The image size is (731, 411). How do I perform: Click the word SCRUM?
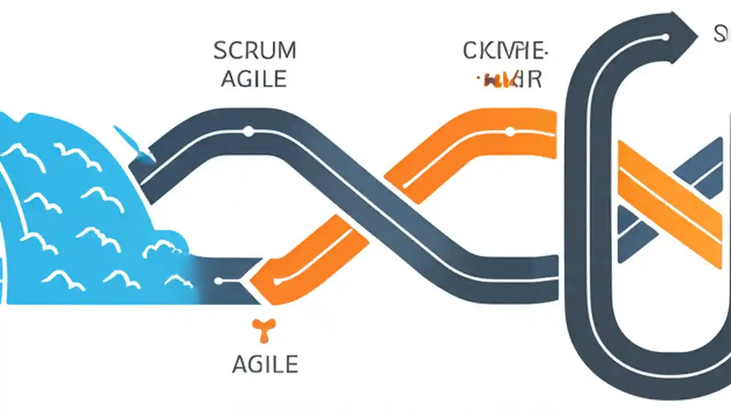click(255, 51)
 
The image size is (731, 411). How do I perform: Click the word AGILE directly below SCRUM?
click(254, 79)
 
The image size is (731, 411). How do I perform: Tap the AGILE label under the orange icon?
click(265, 364)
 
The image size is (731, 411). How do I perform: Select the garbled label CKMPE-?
click(504, 51)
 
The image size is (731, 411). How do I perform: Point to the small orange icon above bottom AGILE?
click(264, 331)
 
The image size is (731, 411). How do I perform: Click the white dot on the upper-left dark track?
click(248, 132)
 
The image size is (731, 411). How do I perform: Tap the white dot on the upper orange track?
click(510, 132)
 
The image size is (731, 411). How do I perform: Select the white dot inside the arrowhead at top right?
click(664, 37)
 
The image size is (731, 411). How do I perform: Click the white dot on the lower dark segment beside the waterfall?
click(218, 281)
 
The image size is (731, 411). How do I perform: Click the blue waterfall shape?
click(74, 211)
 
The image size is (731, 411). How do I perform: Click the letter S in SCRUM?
click(220, 51)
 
